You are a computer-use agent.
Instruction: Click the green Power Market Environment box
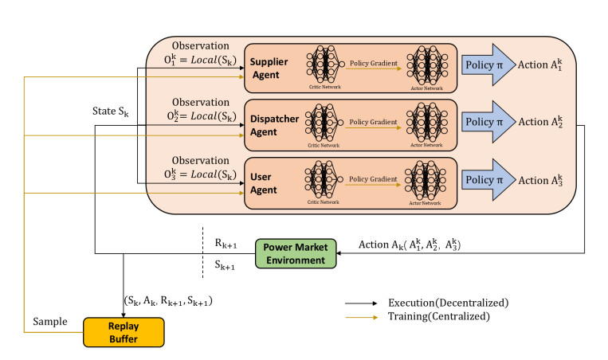click(x=296, y=253)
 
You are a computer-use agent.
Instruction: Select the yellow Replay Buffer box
click(x=124, y=332)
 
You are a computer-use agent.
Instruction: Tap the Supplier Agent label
click(x=269, y=68)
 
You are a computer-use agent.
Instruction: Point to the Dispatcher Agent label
click(x=275, y=125)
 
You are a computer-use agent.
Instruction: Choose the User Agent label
click(x=263, y=183)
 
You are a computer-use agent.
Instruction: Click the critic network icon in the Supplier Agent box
click(x=325, y=65)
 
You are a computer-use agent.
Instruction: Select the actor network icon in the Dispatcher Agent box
click(x=427, y=123)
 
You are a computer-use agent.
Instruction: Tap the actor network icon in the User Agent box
click(x=426, y=180)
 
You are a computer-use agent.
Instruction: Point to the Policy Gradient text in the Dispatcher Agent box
click(x=373, y=122)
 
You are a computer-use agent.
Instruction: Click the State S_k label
click(x=111, y=112)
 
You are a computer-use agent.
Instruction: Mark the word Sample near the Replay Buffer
click(x=50, y=322)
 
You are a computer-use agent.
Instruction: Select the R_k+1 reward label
click(x=226, y=244)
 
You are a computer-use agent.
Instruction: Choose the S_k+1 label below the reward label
click(x=225, y=265)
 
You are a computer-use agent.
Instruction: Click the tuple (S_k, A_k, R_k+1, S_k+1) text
click(x=168, y=301)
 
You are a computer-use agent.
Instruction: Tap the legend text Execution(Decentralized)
click(x=449, y=303)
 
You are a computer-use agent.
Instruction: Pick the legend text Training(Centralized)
click(x=439, y=316)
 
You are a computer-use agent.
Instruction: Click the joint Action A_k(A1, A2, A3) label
click(x=410, y=245)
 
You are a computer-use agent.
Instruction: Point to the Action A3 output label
click(x=540, y=180)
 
